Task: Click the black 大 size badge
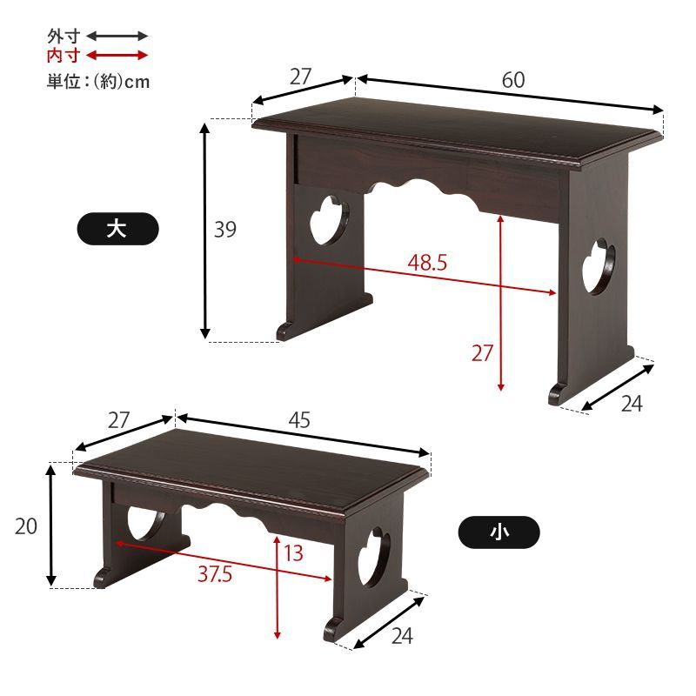tap(117, 229)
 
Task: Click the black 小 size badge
tap(499, 532)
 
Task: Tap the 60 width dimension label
tap(513, 80)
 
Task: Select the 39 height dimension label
tap(225, 230)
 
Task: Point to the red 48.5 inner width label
tap(427, 263)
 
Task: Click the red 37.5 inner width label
tap(215, 574)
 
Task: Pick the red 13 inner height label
tap(294, 553)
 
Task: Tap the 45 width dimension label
tap(299, 420)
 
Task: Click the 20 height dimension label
tap(26, 526)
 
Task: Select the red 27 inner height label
tap(483, 353)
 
